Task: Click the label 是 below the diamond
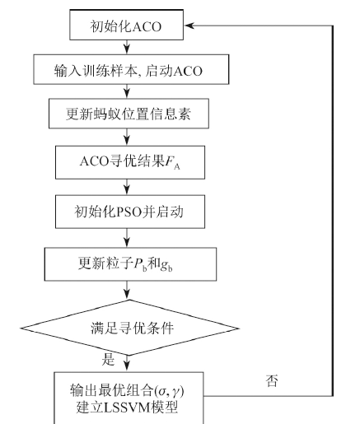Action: [x=108, y=359]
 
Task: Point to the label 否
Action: [x=272, y=380]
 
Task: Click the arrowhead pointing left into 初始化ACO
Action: [x=189, y=26]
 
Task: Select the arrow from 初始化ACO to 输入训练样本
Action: [x=127, y=47]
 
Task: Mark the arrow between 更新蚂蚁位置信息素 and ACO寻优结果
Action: [x=127, y=137]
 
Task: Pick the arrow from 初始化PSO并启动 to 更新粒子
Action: [x=127, y=238]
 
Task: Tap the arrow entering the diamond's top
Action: [x=127, y=290]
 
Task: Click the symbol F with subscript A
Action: [x=172, y=162]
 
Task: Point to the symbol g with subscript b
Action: [x=166, y=265]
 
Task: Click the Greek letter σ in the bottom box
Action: [x=162, y=392]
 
